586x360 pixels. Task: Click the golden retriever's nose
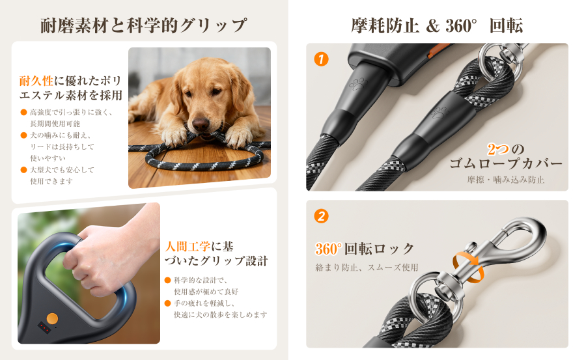(201, 124)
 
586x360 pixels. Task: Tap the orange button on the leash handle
(52, 319)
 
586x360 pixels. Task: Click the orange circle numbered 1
(321, 59)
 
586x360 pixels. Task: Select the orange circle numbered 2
(321, 216)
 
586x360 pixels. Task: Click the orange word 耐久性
(36, 81)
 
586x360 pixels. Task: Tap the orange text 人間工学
(188, 246)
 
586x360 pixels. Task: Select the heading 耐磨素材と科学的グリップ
(144, 25)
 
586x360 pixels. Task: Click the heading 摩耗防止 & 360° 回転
(437, 25)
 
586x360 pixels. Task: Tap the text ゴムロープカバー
(506, 164)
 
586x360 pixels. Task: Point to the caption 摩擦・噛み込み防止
(506, 180)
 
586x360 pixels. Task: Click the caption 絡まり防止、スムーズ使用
(367, 268)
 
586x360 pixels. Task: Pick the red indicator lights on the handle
(44, 328)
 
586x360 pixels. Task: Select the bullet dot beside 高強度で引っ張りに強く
(23, 112)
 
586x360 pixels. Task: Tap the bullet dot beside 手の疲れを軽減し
(167, 303)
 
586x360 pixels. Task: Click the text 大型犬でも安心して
(62, 170)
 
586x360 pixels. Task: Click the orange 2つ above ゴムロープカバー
(498, 149)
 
